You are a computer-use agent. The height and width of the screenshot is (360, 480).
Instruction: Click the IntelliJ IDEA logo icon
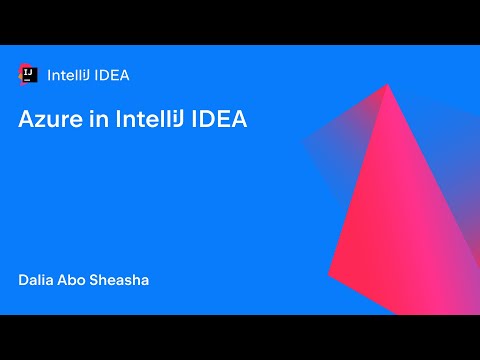28,73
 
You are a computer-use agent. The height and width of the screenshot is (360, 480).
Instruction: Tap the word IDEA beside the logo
112,74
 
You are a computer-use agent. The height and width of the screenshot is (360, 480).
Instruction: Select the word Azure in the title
49,119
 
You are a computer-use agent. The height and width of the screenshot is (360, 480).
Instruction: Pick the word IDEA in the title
219,119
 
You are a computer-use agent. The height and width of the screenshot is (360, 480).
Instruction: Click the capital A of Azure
27,119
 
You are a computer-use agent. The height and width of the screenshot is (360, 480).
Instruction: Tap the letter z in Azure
42,121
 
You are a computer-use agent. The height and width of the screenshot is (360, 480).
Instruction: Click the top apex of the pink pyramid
389,85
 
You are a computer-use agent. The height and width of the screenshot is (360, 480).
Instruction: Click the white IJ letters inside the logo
30,72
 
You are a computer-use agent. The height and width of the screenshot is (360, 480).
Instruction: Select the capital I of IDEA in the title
196,119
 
